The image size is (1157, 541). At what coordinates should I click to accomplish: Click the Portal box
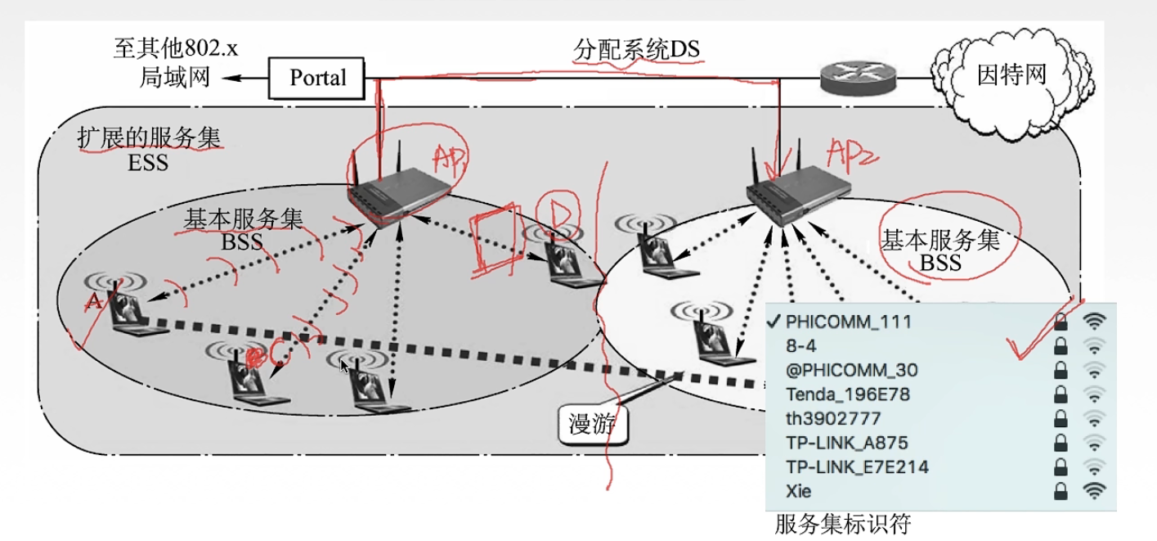pyautogui.click(x=318, y=78)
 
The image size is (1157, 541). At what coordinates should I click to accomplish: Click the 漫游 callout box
pyautogui.click(x=592, y=423)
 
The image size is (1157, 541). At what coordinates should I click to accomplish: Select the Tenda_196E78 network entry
pyautogui.click(x=847, y=394)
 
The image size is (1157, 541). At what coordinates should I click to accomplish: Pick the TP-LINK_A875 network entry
pyautogui.click(x=846, y=443)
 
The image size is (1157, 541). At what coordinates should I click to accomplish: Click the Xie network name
pyautogui.click(x=799, y=491)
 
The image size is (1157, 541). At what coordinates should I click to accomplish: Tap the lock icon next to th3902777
pyautogui.click(x=1061, y=418)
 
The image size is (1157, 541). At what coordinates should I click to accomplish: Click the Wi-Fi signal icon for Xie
pyautogui.click(x=1094, y=491)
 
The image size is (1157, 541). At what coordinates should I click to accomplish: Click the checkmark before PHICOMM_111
pyautogui.click(x=774, y=320)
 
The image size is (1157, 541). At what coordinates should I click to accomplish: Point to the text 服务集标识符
pyautogui.click(x=842, y=522)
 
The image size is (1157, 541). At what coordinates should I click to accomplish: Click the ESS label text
pyautogui.click(x=148, y=162)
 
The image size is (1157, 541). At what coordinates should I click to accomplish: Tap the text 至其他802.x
pyautogui.click(x=175, y=47)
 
